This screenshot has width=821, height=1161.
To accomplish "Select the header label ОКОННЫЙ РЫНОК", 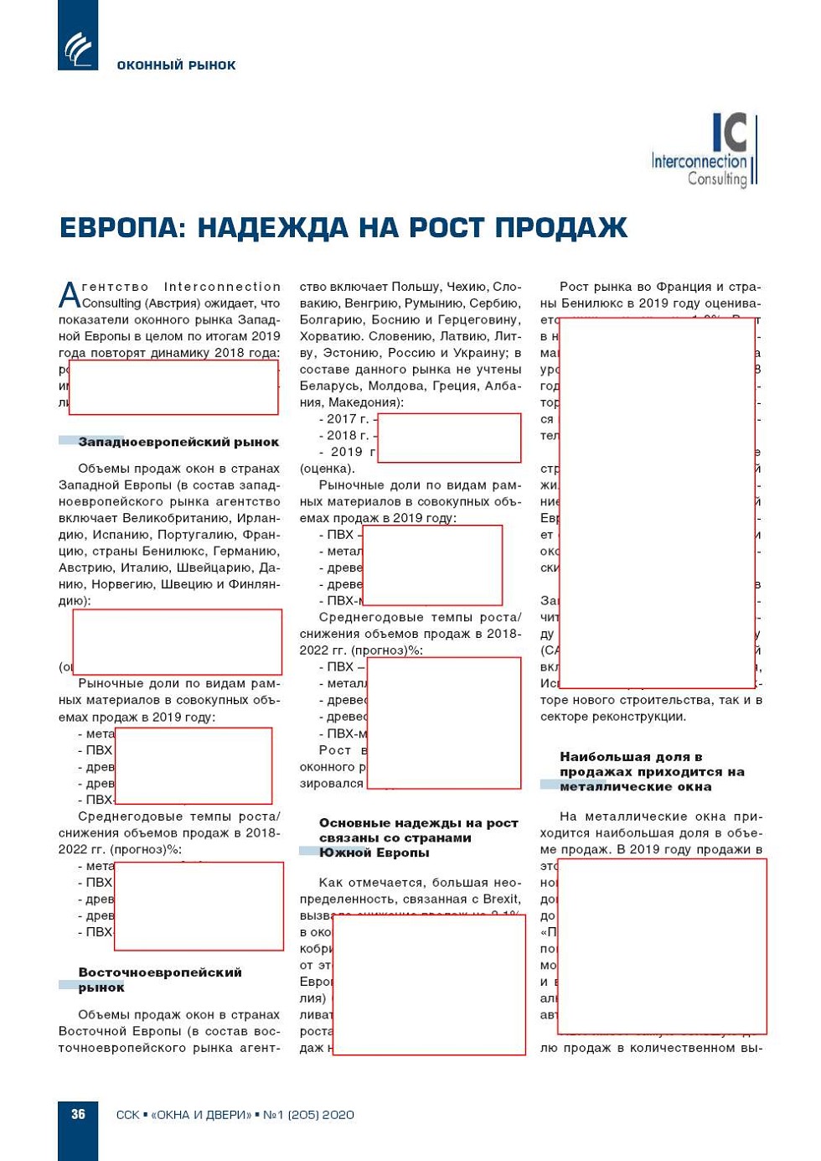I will click(x=176, y=65).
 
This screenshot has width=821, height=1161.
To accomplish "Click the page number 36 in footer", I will click(x=78, y=1114).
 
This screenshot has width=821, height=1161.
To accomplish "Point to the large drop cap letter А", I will click(x=70, y=295).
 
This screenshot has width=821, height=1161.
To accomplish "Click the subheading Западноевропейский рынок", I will click(x=178, y=442).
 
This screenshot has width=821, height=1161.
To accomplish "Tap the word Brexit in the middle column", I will click(x=502, y=899).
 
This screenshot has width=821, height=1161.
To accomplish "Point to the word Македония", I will click(x=366, y=402).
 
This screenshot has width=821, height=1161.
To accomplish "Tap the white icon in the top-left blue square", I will click(x=78, y=49).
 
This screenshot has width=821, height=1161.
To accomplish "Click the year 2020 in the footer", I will click(x=338, y=1115).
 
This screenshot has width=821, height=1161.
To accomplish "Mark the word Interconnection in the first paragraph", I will click(x=222, y=287).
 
